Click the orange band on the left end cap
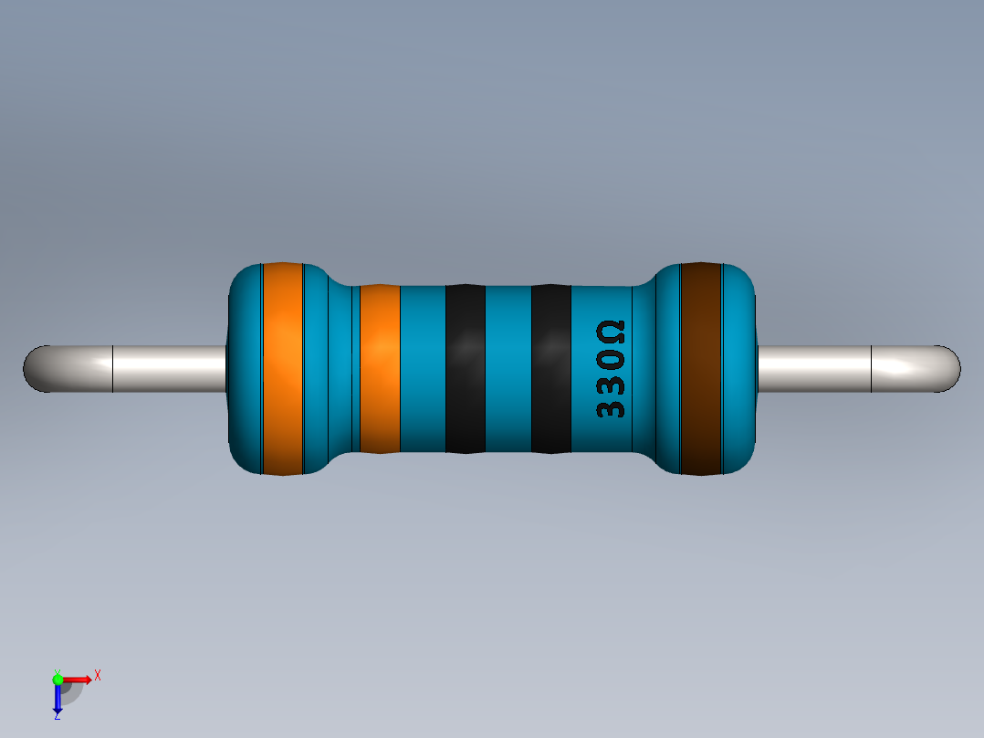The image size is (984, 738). click(x=282, y=369)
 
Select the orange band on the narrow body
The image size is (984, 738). click(x=380, y=369)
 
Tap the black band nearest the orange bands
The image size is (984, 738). click(x=465, y=369)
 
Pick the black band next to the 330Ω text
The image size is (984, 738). click(x=550, y=369)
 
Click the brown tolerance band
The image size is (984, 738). click(x=701, y=369)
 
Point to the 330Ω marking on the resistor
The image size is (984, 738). click(x=611, y=369)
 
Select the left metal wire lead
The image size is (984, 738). click(x=137, y=369)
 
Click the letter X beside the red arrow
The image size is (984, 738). click(x=97, y=675)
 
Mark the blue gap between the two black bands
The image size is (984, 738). click(x=508, y=369)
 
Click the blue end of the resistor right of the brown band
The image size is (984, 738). click(x=740, y=369)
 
